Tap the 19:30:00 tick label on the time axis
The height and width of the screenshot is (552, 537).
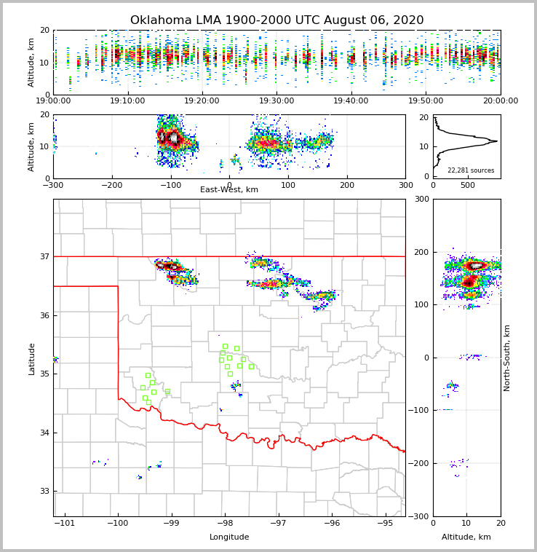pyautogui.click(x=277, y=101)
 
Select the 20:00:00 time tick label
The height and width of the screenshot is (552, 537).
pyautogui.click(x=500, y=101)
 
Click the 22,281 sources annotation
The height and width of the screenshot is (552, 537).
pyautogui.click(x=471, y=170)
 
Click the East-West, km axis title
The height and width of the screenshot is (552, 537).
pyautogui.click(x=229, y=190)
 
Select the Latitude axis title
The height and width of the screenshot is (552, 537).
pyautogui.click(x=32, y=358)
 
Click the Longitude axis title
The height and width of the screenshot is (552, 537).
pyautogui.click(x=229, y=537)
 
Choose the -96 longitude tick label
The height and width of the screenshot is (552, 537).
pyautogui.click(x=331, y=524)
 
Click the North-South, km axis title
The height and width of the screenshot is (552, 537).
pyautogui.click(x=508, y=358)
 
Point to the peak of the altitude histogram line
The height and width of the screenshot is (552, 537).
pyautogui.click(x=497, y=141)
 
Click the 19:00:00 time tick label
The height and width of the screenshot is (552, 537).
pyautogui.click(x=54, y=101)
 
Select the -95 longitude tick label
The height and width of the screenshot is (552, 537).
pyautogui.click(x=385, y=524)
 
